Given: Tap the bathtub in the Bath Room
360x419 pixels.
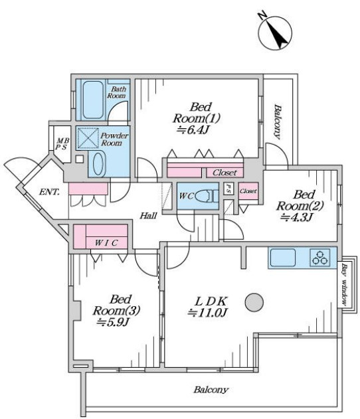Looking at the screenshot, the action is [93, 100].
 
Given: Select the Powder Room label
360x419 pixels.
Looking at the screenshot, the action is [114, 139].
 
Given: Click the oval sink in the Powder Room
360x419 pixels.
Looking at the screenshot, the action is [98, 163].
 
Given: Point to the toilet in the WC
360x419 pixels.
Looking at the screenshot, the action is [207, 197].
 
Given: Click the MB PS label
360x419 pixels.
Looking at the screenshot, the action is [62, 144].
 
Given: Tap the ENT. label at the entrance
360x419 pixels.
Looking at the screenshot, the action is [49, 192].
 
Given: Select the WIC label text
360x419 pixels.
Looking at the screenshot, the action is [106, 243].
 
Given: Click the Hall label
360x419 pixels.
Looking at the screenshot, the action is [149, 215].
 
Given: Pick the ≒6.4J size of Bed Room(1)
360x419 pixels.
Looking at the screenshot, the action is [193, 129].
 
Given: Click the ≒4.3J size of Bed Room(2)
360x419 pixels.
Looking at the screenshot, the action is [296, 217].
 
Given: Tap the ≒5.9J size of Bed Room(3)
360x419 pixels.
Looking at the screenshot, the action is [113, 322].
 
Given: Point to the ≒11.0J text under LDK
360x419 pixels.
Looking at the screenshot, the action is [207, 312].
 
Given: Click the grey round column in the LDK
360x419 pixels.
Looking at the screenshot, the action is [254, 303].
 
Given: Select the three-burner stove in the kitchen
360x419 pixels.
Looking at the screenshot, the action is [319, 258].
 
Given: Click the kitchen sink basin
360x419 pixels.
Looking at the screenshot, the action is [283, 258].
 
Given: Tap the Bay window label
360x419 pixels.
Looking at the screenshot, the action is [344, 285].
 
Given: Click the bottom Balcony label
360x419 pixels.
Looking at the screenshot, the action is [211, 390].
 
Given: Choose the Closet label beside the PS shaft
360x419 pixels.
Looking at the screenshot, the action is [248, 191].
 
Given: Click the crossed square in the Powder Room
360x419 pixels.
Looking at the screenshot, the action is [87, 138].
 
